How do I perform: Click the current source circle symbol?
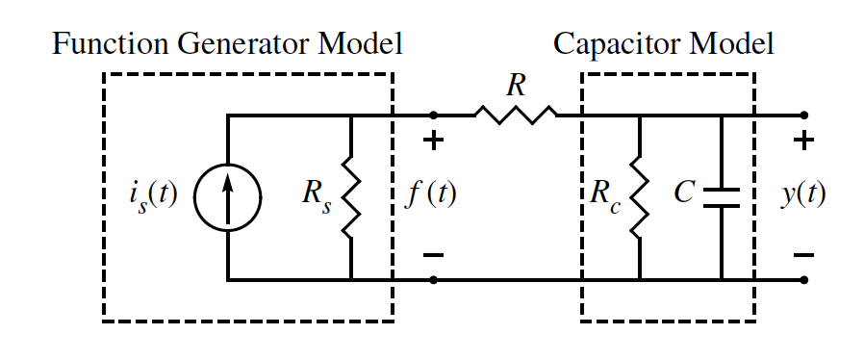pyautogui.click(x=227, y=197)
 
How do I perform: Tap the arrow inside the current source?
pyautogui.click(x=227, y=197)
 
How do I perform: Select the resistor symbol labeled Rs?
pyautogui.click(x=350, y=197)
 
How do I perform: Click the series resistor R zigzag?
pyautogui.click(x=516, y=116)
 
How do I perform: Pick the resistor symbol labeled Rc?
pyautogui.click(x=639, y=197)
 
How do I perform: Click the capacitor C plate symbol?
pyautogui.click(x=721, y=197)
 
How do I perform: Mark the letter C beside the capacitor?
pyautogui.click(x=684, y=193)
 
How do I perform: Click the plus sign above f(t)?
pyautogui.click(x=434, y=141)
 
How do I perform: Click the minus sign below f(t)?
pyautogui.click(x=434, y=255)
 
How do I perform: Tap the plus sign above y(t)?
pyautogui.click(x=803, y=141)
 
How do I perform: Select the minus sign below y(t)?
pyautogui.click(x=803, y=255)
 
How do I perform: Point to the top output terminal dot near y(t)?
pyautogui.click(x=803, y=116)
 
